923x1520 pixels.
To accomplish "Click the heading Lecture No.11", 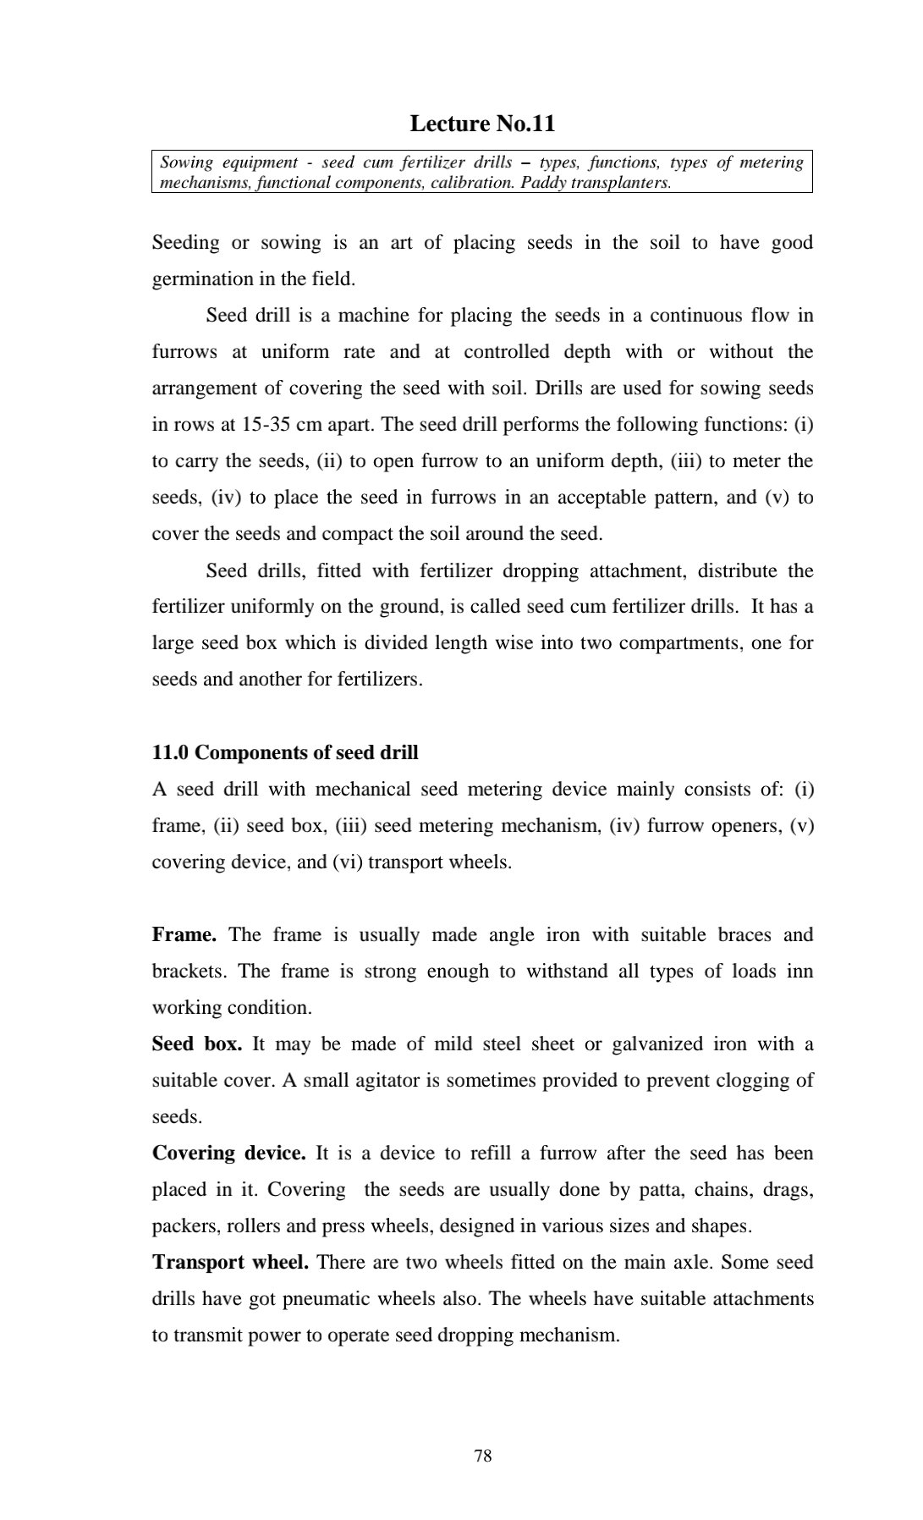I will (482, 124).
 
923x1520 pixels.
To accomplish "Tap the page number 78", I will (483, 1455).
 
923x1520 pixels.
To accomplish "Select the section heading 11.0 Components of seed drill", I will (285, 752).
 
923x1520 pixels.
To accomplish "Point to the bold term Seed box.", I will (197, 1044).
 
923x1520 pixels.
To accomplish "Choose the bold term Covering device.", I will (228, 1153).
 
